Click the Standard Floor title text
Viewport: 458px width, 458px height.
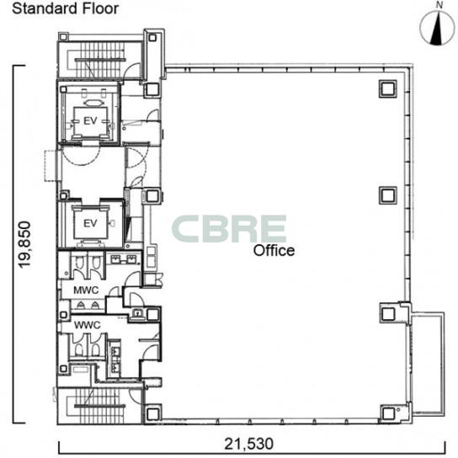tap(65, 8)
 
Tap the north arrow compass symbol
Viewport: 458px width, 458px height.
tap(437, 29)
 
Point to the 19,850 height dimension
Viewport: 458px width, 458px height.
tap(24, 244)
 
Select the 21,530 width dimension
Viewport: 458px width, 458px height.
tap(249, 444)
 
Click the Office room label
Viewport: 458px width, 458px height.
tap(274, 251)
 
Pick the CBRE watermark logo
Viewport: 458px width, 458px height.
tap(229, 229)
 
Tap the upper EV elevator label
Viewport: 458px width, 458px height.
tap(90, 121)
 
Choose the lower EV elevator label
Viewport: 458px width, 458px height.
tap(90, 223)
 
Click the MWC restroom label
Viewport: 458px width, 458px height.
tap(86, 290)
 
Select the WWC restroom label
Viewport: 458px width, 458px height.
tap(88, 325)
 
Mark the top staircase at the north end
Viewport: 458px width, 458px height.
tap(100, 60)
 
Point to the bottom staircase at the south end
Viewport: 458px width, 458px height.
tap(100, 406)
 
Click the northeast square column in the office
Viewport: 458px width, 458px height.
tap(388, 88)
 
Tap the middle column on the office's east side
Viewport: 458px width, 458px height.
tap(388, 195)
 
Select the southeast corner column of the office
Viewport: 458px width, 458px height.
tap(388, 413)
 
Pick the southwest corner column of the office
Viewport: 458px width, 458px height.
tap(152, 413)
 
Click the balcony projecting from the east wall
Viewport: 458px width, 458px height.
tap(427, 364)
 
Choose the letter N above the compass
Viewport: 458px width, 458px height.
tap(439, 5)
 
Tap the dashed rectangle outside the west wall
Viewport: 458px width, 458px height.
tap(51, 166)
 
